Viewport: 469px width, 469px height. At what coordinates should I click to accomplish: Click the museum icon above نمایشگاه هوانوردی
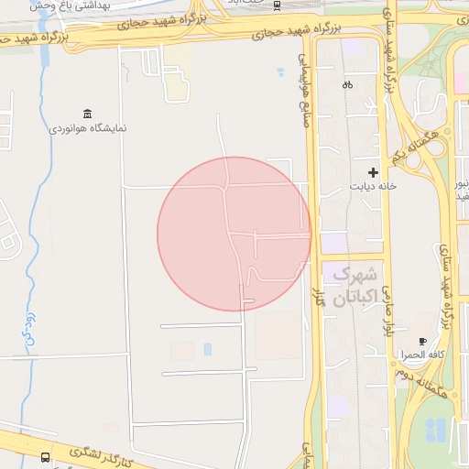87,114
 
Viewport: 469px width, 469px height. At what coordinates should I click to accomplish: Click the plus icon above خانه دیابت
373,172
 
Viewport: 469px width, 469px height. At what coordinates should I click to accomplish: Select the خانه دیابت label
372,187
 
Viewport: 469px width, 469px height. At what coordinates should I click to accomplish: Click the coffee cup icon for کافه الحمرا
422,341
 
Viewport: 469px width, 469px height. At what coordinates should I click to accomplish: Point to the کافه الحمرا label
422,354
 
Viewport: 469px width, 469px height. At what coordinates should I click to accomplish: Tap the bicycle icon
347,85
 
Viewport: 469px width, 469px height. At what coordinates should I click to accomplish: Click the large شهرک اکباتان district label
354,286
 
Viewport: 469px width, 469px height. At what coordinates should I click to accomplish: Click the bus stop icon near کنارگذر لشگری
46,456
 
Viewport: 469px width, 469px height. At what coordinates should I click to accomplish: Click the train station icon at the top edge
278,5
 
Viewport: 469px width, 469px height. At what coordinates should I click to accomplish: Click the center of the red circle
234,234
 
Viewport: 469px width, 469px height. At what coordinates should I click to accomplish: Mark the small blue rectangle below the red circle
208,349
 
